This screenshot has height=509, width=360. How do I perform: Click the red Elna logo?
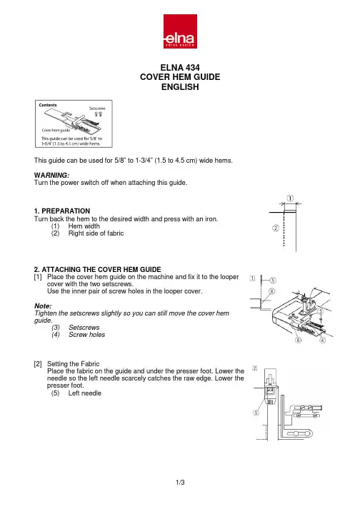pos(180,31)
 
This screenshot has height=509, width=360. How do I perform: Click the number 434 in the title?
pos(191,68)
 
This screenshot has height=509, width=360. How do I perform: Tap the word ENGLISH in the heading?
pos(180,87)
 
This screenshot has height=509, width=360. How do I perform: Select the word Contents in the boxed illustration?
pos(48,105)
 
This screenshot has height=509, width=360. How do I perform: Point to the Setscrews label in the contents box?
pos(97,109)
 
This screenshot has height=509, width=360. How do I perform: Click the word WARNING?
pos(51,176)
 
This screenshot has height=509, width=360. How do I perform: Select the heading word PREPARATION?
pos(66,211)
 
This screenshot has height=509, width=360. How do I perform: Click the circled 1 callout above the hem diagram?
pos(290,198)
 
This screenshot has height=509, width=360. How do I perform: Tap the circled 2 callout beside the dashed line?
pos(276,228)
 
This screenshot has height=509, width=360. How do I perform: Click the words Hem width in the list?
pos(84,226)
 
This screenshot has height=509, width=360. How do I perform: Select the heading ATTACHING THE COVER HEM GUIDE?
pos(101,269)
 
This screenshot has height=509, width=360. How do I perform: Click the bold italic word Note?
pos(43,306)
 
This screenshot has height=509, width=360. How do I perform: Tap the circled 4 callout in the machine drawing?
pos(323,341)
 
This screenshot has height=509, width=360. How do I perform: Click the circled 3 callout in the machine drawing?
pos(321,311)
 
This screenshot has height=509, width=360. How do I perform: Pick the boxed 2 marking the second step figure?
pos(255,368)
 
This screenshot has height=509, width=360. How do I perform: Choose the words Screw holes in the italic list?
pos(86,335)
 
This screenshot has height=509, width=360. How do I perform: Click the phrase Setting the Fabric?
pos(73,364)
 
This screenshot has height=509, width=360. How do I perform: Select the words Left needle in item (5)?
pos(84,393)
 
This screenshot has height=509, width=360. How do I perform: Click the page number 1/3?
pos(180,483)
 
